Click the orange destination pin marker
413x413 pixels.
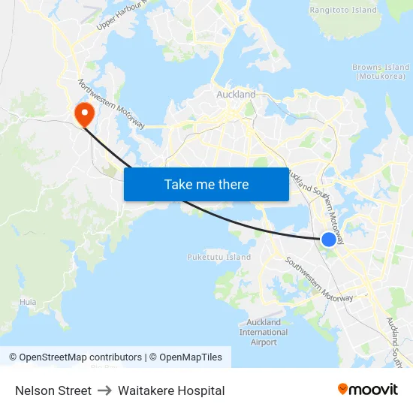83,114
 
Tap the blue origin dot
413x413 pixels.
329,240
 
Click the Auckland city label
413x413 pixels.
236,95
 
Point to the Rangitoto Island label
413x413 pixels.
343,10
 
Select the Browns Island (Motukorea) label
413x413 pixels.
381,72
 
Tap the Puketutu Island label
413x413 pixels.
219,258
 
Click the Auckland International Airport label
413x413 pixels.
264,332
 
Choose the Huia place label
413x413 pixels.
28,302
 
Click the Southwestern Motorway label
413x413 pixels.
318,279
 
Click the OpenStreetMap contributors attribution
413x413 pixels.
75,357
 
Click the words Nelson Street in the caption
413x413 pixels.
53,390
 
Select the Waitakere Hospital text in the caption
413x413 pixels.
171,390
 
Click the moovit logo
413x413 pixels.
367,389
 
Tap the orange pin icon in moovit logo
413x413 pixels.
343,389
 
